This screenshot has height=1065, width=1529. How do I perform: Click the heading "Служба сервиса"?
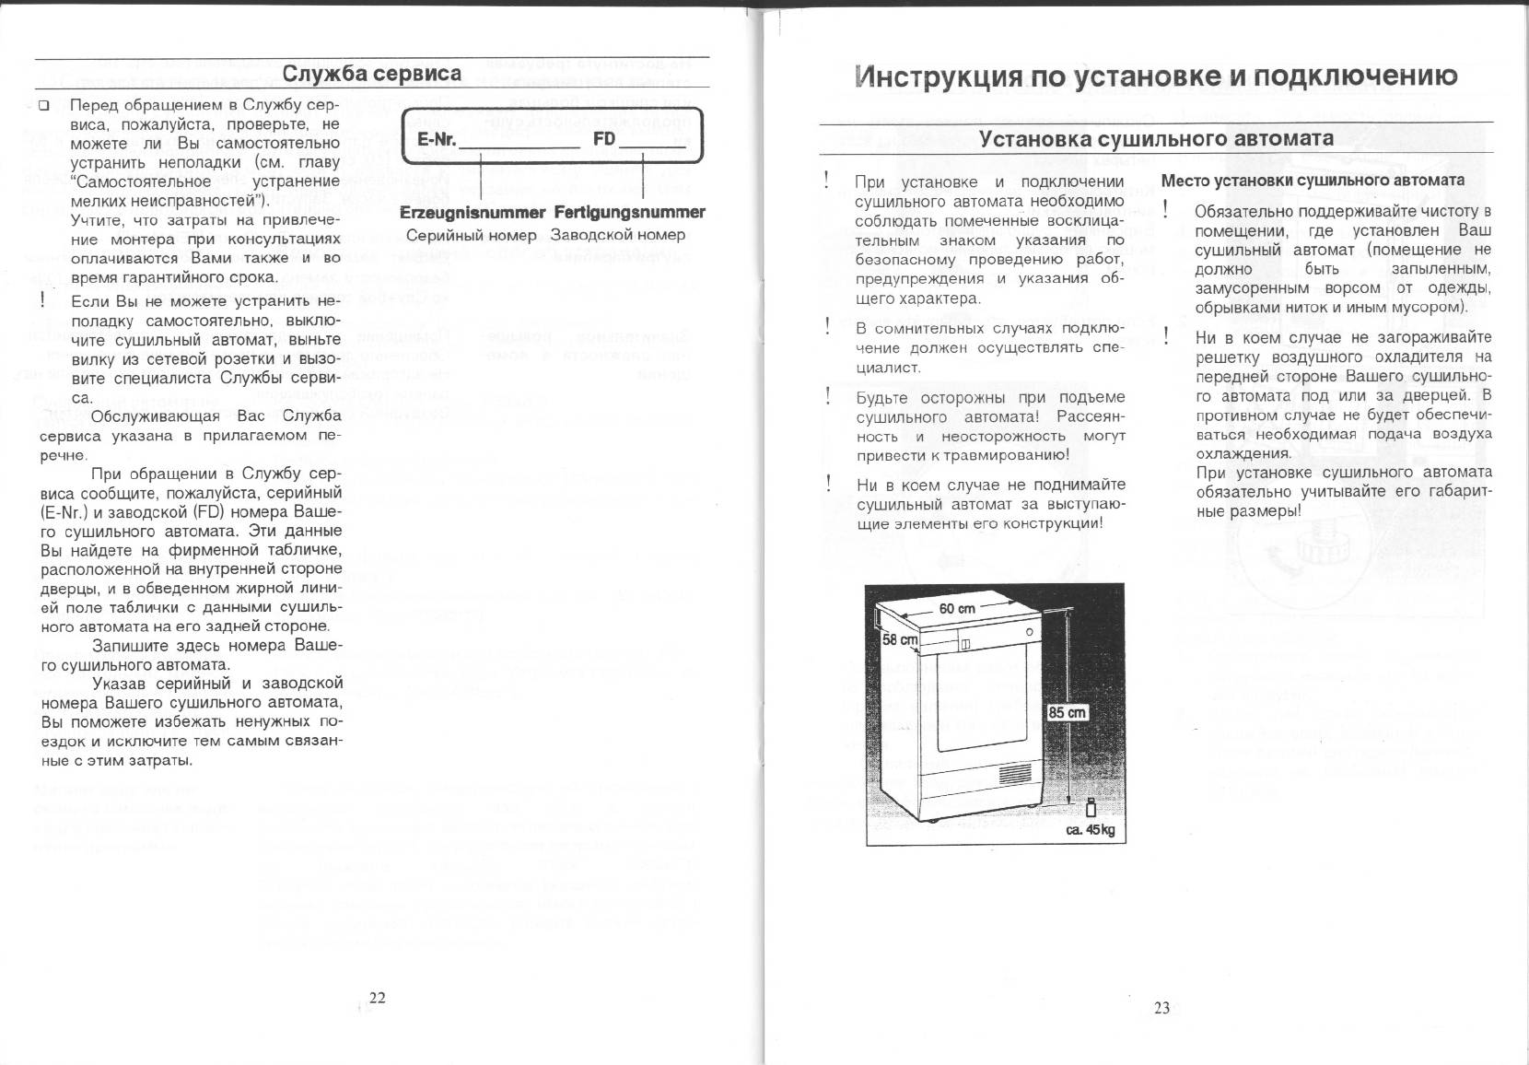click(x=371, y=74)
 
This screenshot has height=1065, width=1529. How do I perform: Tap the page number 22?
click(x=378, y=997)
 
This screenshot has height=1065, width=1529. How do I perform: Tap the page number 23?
click(x=1161, y=1008)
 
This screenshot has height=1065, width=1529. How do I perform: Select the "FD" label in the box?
click(x=604, y=139)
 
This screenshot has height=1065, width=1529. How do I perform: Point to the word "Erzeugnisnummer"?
click(x=473, y=212)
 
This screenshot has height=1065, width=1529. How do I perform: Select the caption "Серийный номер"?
click(x=472, y=235)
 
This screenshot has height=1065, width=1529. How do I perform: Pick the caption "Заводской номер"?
click(x=618, y=235)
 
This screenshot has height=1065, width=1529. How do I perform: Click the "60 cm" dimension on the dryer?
click(x=957, y=609)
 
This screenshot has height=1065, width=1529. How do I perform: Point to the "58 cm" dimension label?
click(x=900, y=639)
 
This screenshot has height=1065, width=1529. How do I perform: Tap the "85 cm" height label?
click(x=1068, y=712)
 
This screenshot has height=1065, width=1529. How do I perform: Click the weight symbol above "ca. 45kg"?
click(x=1090, y=807)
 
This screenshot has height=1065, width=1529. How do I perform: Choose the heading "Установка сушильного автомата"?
click(x=1156, y=139)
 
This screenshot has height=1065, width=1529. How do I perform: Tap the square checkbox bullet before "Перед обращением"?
click(x=43, y=106)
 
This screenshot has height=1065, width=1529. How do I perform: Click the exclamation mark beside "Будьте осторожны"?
click(x=829, y=396)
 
